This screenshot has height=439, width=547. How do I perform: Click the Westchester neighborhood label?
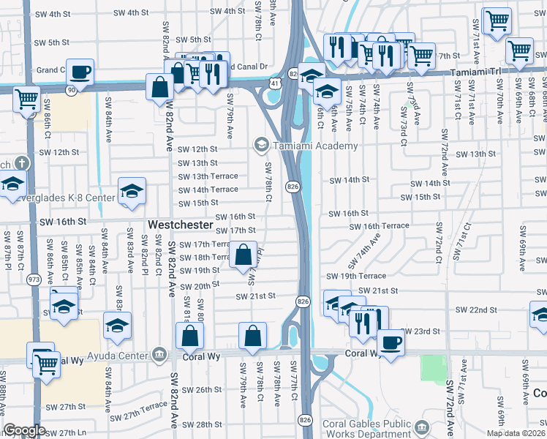coord(181,224)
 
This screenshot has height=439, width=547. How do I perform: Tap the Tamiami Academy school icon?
coord(260,146)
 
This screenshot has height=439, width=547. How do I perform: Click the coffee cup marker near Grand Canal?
coord(80,72)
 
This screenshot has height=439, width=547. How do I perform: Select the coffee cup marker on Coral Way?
coord(391,342)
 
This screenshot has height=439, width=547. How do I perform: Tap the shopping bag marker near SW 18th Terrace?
coord(244,255)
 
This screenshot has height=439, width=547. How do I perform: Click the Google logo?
coord(24,430)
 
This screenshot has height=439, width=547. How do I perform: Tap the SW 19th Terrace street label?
coord(356,277)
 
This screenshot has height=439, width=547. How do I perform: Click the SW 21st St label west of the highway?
coord(254,296)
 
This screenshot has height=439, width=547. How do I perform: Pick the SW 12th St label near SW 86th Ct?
coord(59,152)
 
